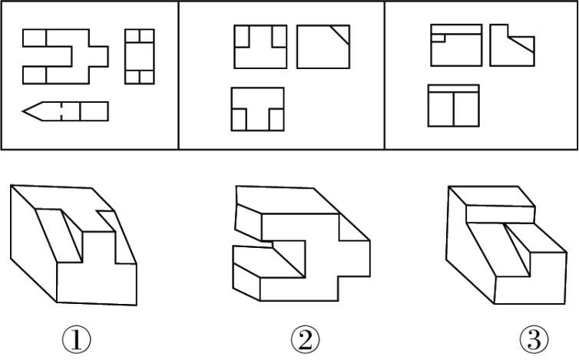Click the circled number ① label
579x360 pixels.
77,339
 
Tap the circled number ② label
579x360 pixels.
305,340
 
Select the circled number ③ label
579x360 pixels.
534,339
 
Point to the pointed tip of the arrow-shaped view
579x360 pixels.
23,111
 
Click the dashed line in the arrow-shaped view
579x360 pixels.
61,111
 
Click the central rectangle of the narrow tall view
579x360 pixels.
140,57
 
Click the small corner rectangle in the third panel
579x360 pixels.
438,38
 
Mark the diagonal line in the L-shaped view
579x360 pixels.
521,45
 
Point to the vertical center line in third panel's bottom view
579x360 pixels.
454,109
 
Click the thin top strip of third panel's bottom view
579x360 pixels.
454,88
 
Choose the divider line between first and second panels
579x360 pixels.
179,75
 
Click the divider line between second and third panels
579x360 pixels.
385,75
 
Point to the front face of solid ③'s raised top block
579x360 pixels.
501,214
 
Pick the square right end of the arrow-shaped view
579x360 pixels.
94,111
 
